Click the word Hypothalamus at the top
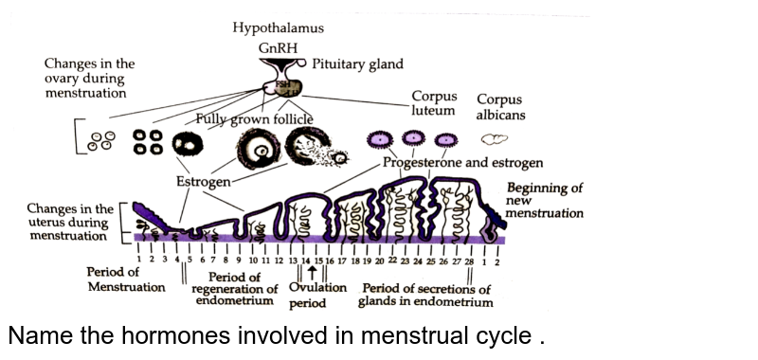[x=279, y=28]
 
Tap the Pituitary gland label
[x=357, y=64]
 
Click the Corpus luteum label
[x=435, y=103]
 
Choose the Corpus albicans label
[x=500, y=107]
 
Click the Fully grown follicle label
[x=254, y=119]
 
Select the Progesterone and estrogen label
[x=462, y=163]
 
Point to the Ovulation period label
[x=317, y=296]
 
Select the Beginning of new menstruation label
[x=544, y=201]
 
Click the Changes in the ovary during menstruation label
[x=89, y=79]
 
